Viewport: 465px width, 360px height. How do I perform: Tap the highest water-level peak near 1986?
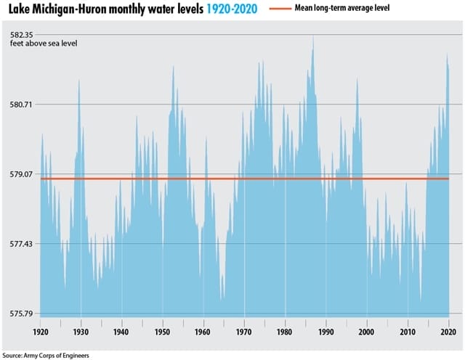click(312, 36)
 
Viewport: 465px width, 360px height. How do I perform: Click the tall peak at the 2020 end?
click(448, 56)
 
